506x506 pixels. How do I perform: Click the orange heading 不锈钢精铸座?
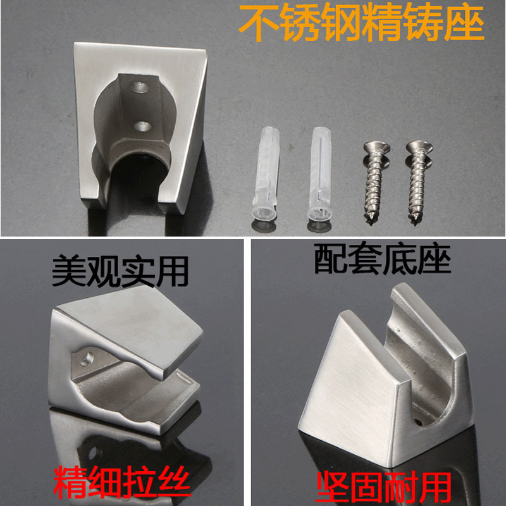click(361, 23)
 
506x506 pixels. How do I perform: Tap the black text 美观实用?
click(120, 271)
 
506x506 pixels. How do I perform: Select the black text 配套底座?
click(383, 259)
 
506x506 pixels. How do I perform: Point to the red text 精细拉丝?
click(122, 482)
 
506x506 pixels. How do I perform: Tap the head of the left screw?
click(376, 149)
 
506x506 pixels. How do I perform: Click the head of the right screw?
click(419, 149)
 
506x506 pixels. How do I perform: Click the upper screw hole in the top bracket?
click(140, 87)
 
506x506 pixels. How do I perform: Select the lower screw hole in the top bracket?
click(142, 126)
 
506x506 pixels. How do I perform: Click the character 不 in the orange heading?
click(258, 23)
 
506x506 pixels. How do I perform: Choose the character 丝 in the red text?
click(175, 482)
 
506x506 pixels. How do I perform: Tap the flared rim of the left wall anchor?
click(264, 216)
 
